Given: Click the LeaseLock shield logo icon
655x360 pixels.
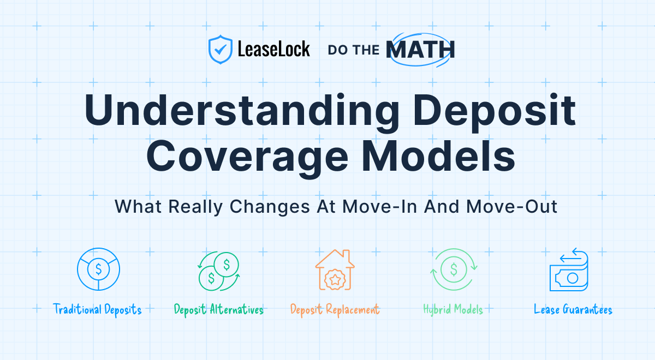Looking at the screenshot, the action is click(x=221, y=50).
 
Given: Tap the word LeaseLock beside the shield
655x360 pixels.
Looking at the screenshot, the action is click(x=273, y=49).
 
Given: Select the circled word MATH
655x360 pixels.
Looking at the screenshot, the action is click(x=420, y=50).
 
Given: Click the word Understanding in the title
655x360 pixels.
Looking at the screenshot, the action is click(x=241, y=110).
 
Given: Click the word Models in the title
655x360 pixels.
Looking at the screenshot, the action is click(x=438, y=156).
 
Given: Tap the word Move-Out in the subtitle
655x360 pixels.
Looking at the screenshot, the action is click(x=512, y=207).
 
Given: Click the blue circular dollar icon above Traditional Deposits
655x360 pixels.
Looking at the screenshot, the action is click(x=99, y=269).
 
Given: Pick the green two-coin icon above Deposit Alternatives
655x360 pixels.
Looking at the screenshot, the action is click(x=219, y=271).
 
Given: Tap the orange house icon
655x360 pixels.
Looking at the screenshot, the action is click(x=335, y=269).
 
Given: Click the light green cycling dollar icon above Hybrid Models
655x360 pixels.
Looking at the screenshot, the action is click(x=454, y=269).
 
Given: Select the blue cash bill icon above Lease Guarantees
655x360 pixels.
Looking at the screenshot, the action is click(x=569, y=269).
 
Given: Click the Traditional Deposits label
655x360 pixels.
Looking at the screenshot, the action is click(x=97, y=310).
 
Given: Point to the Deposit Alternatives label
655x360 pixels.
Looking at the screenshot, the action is click(x=219, y=310).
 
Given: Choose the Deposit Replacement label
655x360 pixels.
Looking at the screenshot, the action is click(x=335, y=310).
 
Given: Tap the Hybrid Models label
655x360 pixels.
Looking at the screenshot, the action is click(x=453, y=310).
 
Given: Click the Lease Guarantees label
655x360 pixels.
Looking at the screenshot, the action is click(x=573, y=309).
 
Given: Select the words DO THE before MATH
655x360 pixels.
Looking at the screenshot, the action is click(x=354, y=50).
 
